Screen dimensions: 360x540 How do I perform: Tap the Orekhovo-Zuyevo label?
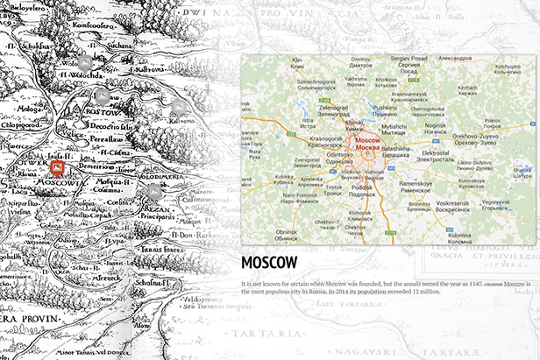(x=477, y=137)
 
